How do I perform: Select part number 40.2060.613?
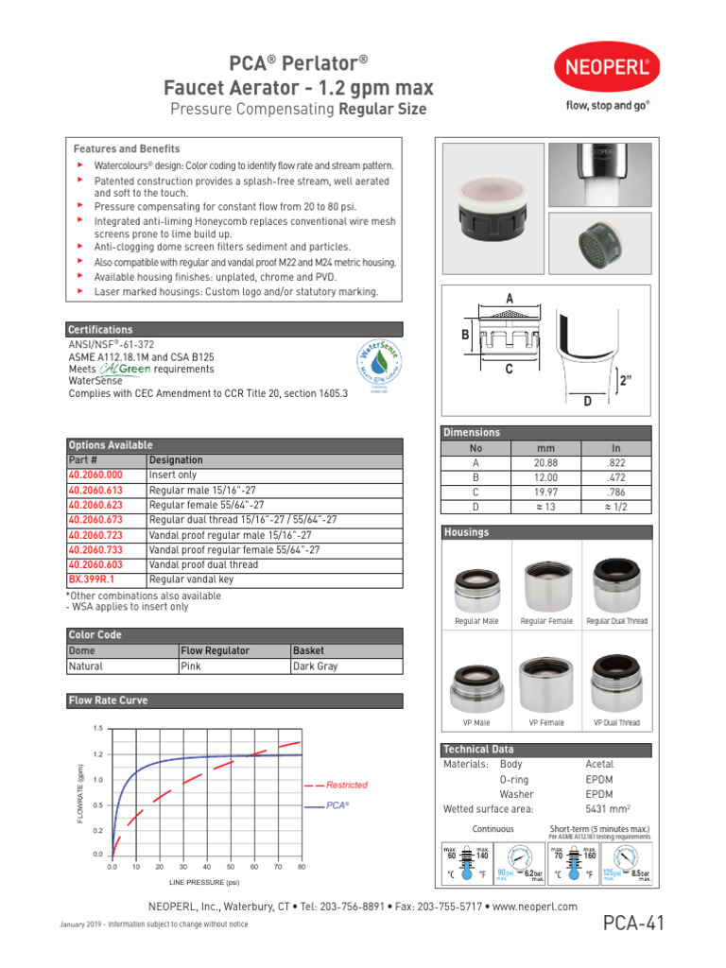pyautogui.click(x=95, y=491)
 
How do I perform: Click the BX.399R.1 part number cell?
pyautogui.click(x=91, y=579)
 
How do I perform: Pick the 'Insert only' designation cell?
pyautogui.click(x=173, y=475)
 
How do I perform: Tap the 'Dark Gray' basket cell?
pyautogui.click(x=316, y=666)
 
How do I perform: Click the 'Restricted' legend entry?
pyautogui.click(x=346, y=785)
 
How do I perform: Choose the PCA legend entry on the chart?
pyautogui.click(x=337, y=805)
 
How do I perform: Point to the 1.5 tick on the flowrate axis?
pyautogui.click(x=98, y=728)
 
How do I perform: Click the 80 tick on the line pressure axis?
pyautogui.click(x=302, y=866)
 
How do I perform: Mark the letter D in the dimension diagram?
pyautogui.click(x=587, y=402)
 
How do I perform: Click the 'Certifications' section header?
pyautogui.click(x=100, y=330)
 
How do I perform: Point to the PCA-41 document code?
pyautogui.click(x=632, y=924)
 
